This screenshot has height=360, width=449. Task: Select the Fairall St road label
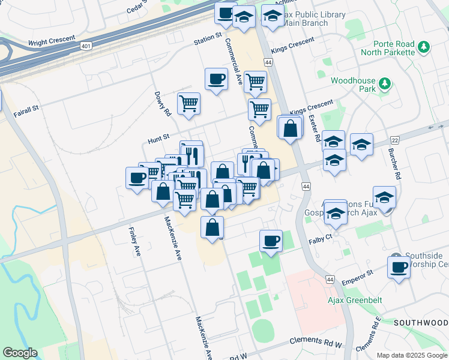(x=26, y=109)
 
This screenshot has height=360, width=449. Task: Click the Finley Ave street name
(x=134, y=242)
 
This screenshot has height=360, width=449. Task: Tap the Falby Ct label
(x=320, y=238)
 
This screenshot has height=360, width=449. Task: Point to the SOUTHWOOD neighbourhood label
(x=421, y=323)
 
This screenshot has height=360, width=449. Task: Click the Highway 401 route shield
(x=86, y=46)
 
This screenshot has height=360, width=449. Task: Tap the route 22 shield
(x=395, y=139)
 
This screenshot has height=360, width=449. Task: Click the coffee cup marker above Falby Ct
(x=271, y=240)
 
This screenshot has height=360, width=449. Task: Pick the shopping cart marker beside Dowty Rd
(x=188, y=103)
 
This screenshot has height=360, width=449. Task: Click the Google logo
(x=20, y=353)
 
